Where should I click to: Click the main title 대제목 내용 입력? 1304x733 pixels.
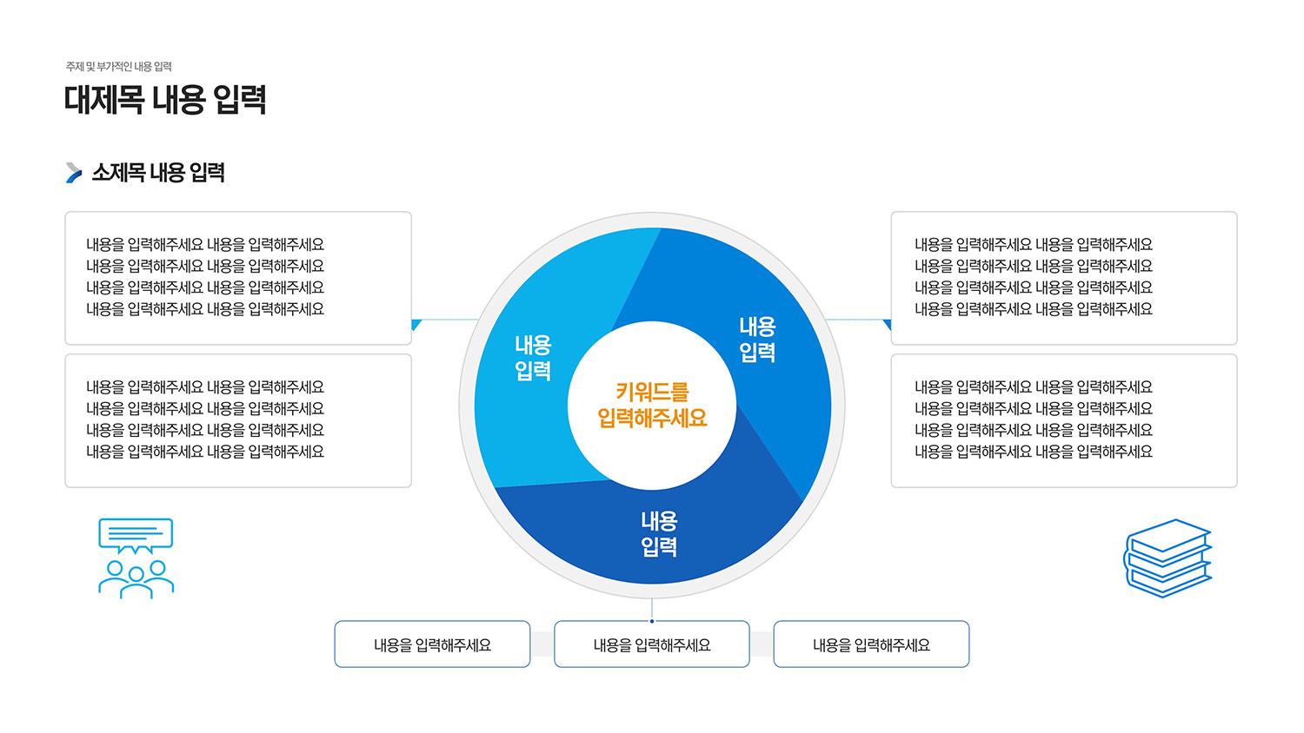click(x=165, y=100)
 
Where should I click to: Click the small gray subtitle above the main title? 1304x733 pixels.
click(x=119, y=67)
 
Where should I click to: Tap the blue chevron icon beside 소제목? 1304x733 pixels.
click(x=74, y=173)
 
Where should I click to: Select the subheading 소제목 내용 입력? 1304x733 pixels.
click(x=158, y=173)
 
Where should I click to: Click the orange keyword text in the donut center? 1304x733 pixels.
click(x=652, y=405)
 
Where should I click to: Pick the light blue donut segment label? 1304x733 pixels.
click(x=533, y=358)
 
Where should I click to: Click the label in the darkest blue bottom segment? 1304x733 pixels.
click(x=659, y=534)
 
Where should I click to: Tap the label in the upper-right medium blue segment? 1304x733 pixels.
click(x=757, y=340)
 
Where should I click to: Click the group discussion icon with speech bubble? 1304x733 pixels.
click(x=136, y=558)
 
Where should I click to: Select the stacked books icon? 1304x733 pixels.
click(x=1168, y=558)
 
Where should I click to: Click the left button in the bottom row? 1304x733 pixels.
click(x=433, y=644)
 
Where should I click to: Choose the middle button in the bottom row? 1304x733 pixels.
click(x=652, y=644)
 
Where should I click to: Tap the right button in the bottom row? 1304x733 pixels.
click(x=871, y=644)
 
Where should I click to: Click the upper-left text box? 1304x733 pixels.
click(x=238, y=278)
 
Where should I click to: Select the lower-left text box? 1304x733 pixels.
click(x=238, y=420)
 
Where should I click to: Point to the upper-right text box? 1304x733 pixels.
click(x=1064, y=278)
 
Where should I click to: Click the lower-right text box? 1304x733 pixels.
click(x=1064, y=420)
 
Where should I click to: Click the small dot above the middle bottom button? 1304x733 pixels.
click(x=652, y=621)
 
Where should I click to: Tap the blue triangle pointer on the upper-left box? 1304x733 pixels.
click(x=416, y=324)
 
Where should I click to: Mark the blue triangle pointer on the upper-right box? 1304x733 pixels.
click(x=888, y=324)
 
